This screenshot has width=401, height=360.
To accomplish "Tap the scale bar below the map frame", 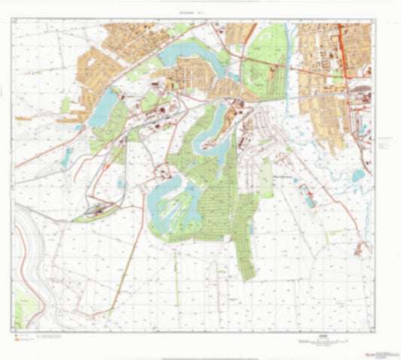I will click(x=324, y=342).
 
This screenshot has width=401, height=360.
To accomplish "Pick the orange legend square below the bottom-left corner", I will click(x=17, y=340).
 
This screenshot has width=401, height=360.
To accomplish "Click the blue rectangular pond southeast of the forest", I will click(x=308, y=197).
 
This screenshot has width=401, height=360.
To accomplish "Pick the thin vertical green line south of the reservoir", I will click(x=178, y=271).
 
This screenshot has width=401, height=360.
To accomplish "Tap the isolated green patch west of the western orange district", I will click(x=65, y=105).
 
